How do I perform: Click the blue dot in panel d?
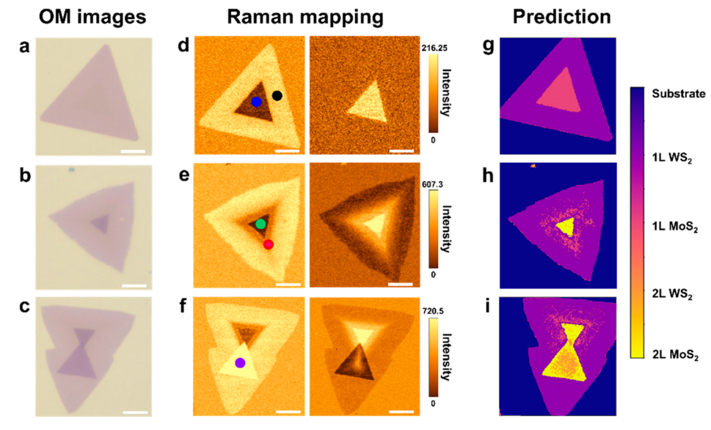[256, 101]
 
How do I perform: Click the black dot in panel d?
[277, 95]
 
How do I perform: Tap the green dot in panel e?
[260, 223]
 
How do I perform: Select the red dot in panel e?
[269, 244]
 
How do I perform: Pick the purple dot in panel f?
[239, 362]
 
